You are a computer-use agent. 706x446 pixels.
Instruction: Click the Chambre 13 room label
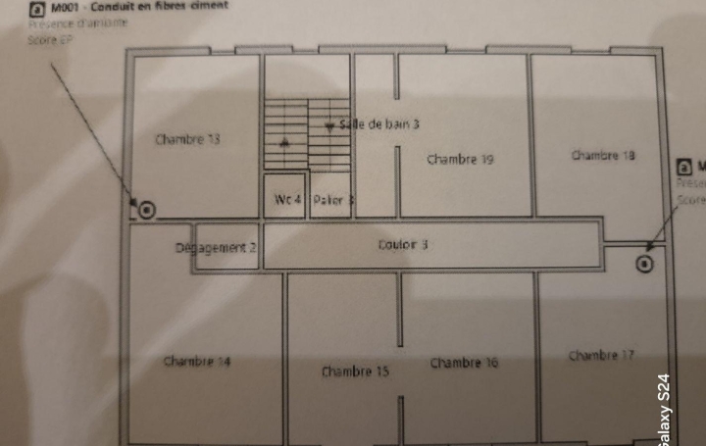coord(187,139)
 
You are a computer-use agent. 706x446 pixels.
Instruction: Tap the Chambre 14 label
coord(197,362)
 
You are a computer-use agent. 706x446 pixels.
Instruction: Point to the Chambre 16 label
coord(464,363)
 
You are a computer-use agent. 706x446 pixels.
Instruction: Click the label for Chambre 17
coord(601,355)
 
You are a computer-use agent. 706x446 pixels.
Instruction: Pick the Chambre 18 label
coord(603,155)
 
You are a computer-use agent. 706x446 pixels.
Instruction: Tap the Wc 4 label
coord(287,200)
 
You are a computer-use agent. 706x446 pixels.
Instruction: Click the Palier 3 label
coord(333,200)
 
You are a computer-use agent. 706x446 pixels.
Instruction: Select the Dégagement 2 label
coord(216,248)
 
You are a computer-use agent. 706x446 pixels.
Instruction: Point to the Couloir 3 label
coord(403,245)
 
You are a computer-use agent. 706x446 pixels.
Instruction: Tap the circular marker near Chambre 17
coord(644,263)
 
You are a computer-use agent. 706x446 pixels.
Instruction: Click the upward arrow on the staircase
coord(285,142)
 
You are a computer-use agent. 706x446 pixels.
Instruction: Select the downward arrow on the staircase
coord(329,127)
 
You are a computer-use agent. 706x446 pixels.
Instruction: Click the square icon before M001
coord(38,7)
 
